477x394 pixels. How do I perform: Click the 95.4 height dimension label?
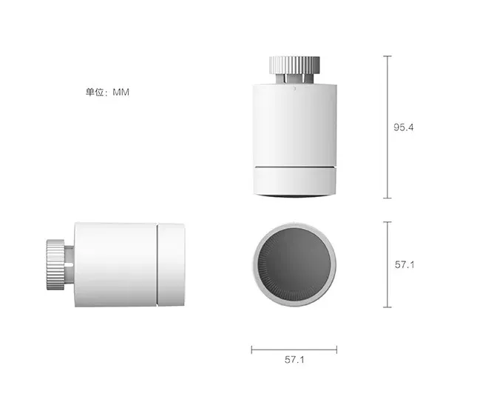click(x=404, y=127)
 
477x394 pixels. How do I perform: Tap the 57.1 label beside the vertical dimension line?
click(x=404, y=264)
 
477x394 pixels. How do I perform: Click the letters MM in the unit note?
click(x=121, y=93)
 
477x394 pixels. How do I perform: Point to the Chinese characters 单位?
click(x=95, y=93)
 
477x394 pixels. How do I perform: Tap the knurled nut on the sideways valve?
click(x=55, y=264)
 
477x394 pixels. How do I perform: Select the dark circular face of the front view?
click(x=295, y=264)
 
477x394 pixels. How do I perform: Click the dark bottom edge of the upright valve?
click(x=294, y=196)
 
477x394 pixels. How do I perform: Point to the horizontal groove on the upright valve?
click(x=294, y=167)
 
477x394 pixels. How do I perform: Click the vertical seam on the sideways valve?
click(x=160, y=264)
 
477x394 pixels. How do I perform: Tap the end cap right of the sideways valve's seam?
click(x=173, y=264)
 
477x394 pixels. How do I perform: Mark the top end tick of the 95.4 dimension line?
click(x=387, y=56)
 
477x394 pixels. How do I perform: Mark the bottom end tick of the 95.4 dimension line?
click(x=387, y=198)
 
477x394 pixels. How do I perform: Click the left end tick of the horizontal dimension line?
click(x=251, y=349)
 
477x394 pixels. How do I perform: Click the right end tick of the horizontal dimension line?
click(x=337, y=349)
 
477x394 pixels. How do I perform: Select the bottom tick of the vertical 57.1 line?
click(x=387, y=307)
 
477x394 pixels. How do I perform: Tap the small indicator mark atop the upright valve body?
click(x=294, y=87)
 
